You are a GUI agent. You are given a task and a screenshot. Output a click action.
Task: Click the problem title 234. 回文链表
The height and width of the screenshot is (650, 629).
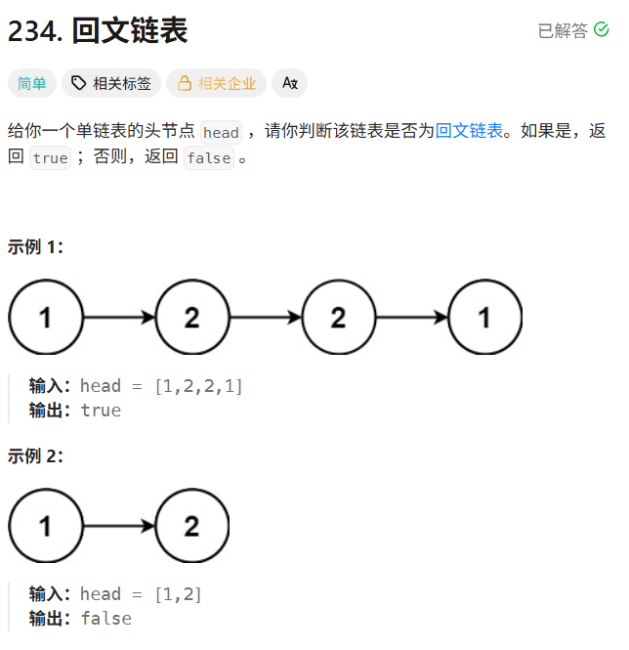point(98,31)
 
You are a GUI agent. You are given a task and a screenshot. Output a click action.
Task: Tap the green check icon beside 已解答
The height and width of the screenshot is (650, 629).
point(602,30)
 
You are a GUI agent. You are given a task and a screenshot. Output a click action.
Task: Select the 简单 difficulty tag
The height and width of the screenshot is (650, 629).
point(32,84)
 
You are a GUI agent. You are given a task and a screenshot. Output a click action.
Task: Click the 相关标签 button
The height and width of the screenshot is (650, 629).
point(112,84)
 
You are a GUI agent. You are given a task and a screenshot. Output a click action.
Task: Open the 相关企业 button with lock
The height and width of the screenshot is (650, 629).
point(216,84)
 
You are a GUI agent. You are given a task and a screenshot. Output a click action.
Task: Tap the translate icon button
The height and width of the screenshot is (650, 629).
point(289,84)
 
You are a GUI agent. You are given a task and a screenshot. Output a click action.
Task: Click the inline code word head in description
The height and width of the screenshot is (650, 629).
point(221,133)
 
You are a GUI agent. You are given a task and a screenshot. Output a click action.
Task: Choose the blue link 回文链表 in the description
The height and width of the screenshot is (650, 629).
point(469,131)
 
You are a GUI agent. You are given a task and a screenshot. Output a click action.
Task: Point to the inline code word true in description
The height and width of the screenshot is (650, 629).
point(50,158)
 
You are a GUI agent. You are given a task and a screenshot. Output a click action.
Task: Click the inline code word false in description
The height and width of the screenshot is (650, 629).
point(209,158)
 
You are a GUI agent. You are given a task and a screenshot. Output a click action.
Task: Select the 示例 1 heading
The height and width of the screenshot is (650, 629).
point(35,246)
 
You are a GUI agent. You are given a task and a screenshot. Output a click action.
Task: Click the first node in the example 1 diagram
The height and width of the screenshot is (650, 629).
point(46,317)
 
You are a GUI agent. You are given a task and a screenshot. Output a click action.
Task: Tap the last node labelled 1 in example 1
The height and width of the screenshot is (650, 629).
point(485,317)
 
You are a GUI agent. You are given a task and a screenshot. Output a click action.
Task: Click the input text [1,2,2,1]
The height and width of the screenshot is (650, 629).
point(199,386)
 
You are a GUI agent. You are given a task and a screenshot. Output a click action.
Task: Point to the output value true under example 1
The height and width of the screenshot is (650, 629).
point(101,411)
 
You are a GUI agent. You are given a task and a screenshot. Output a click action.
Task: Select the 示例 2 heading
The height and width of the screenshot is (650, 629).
point(35,455)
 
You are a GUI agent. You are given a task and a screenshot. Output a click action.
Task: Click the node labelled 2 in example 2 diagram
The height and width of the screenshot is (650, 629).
point(191,526)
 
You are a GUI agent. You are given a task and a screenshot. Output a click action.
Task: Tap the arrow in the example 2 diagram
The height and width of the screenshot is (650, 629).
point(118,526)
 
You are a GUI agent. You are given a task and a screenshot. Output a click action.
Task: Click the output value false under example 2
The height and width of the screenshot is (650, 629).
point(105,619)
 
